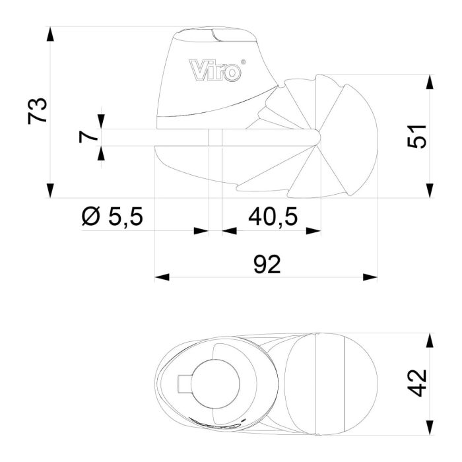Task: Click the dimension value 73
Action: click(39, 110)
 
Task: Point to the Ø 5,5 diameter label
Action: click(112, 216)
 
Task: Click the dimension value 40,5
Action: click(272, 216)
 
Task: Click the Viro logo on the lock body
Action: click(215, 70)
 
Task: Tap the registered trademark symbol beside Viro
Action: click(244, 63)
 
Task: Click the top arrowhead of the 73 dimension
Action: click(50, 34)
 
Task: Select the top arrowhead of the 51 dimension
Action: click(430, 82)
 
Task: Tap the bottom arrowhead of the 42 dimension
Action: click(430, 426)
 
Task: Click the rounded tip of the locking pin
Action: click(316, 137)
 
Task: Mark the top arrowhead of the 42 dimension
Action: click(430, 341)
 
